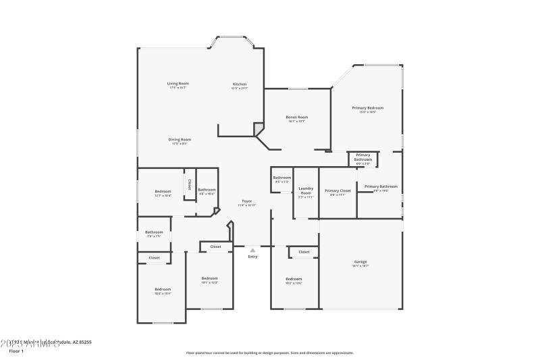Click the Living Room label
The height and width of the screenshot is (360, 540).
[178, 84]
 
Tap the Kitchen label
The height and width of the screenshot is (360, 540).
[240, 84]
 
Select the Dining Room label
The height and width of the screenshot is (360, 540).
[180, 139]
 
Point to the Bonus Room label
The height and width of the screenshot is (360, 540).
[297, 117]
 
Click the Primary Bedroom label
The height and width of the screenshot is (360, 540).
[367, 107]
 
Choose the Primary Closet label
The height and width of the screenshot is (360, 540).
[337, 190]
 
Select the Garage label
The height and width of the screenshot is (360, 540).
[360, 261]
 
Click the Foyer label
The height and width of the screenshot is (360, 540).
[247, 202]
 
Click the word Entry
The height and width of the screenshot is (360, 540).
[252, 257]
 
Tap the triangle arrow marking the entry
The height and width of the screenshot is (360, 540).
[252, 250]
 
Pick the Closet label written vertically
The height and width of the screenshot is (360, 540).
[189, 183]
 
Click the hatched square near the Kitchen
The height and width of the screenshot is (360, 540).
[259, 128]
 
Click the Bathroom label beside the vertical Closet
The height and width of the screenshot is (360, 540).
[207, 190]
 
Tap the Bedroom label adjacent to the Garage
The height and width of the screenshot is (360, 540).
[294, 279]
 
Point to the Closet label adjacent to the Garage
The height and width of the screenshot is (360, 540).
[304, 252]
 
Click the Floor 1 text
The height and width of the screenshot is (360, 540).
[16, 351]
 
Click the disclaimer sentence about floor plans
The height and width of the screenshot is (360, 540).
[269, 353]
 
